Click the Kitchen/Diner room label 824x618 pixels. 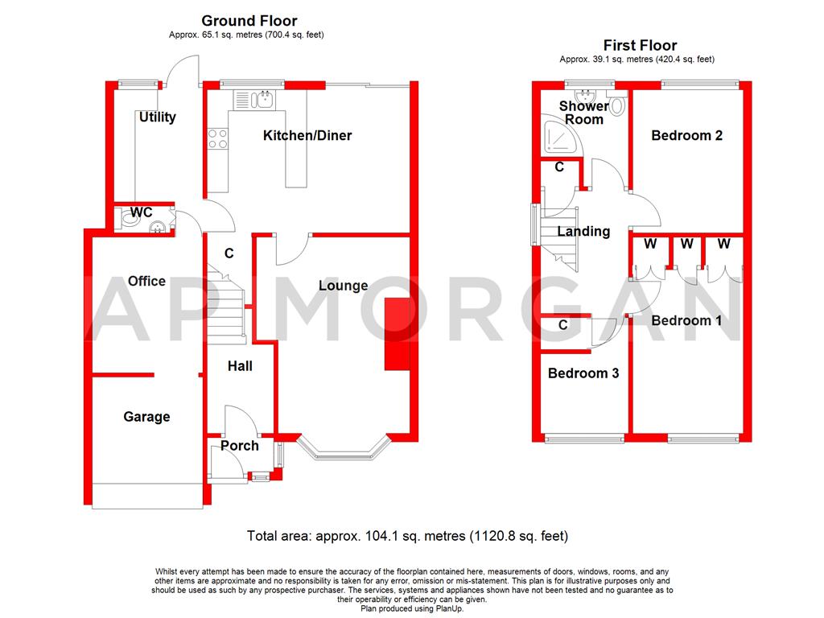tap(307, 135)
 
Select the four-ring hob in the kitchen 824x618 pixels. tap(218, 139)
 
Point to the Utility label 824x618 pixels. tap(157, 117)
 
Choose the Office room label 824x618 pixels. tap(146, 281)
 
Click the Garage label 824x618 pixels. tap(146, 417)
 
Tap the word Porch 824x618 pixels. tap(240, 446)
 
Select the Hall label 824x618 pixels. tap(240, 366)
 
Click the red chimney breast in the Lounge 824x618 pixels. tap(396, 335)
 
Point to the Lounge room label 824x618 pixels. tap(343, 286)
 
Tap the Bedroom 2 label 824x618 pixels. tap(686, 135)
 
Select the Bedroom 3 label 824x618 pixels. tap(583, 373)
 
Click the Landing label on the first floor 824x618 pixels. tap(583, 232)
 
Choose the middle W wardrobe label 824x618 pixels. tap(686, 243)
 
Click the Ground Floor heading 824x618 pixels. tap(249, 21)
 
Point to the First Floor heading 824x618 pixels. tap(640, 46)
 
